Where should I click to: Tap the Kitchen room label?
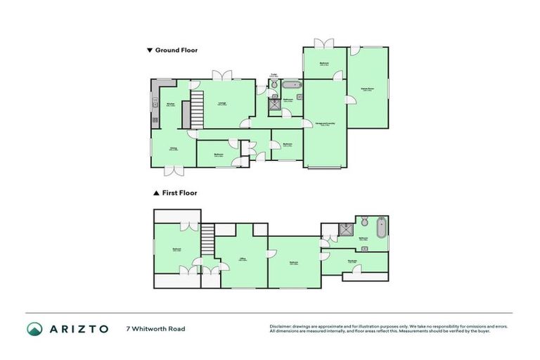tap(169, 105)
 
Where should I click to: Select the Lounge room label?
tap(221, 105)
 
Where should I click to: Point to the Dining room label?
tap(172, 148)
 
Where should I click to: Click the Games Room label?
tap(367, 89)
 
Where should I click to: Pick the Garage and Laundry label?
tap(324, 124)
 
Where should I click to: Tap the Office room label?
tap(241, 259)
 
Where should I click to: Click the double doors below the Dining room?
tap(172, 170)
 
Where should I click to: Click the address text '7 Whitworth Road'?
tap(155, 328)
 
